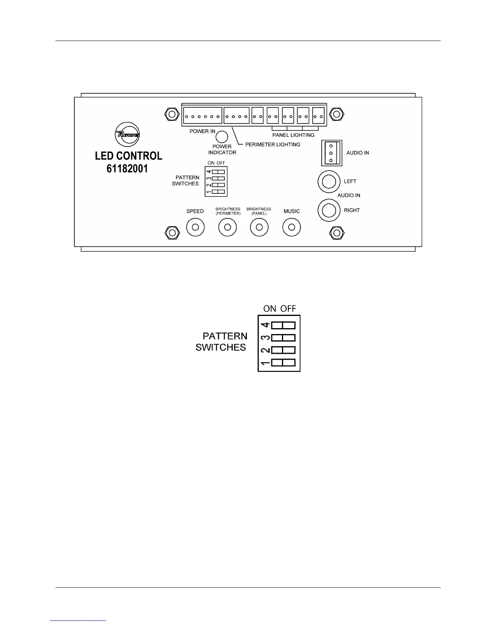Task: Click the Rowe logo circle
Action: point(127,134)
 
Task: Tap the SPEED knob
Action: point(195,227)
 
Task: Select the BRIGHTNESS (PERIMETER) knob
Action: point(228,227)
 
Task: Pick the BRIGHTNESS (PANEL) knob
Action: point(259,227)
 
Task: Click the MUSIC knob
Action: point(292,227)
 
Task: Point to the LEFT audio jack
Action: point(329,182)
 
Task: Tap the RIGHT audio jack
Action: point(329,210)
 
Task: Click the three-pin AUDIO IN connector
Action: point(332,153)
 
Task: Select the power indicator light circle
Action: point(222,136)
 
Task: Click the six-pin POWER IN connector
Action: point(202,116)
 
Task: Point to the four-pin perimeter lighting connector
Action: point(236,116)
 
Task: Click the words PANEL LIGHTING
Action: point(293,135)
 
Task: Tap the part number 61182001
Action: point(127,169)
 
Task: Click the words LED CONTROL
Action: point(128,156)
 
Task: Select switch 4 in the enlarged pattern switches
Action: point(283,325)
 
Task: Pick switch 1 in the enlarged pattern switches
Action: point(283,362)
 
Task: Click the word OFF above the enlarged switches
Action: point(288,308)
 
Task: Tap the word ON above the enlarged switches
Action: point(270,308)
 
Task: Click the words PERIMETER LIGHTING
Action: point(273,145)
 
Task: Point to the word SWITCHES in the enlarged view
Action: point(221,347)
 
